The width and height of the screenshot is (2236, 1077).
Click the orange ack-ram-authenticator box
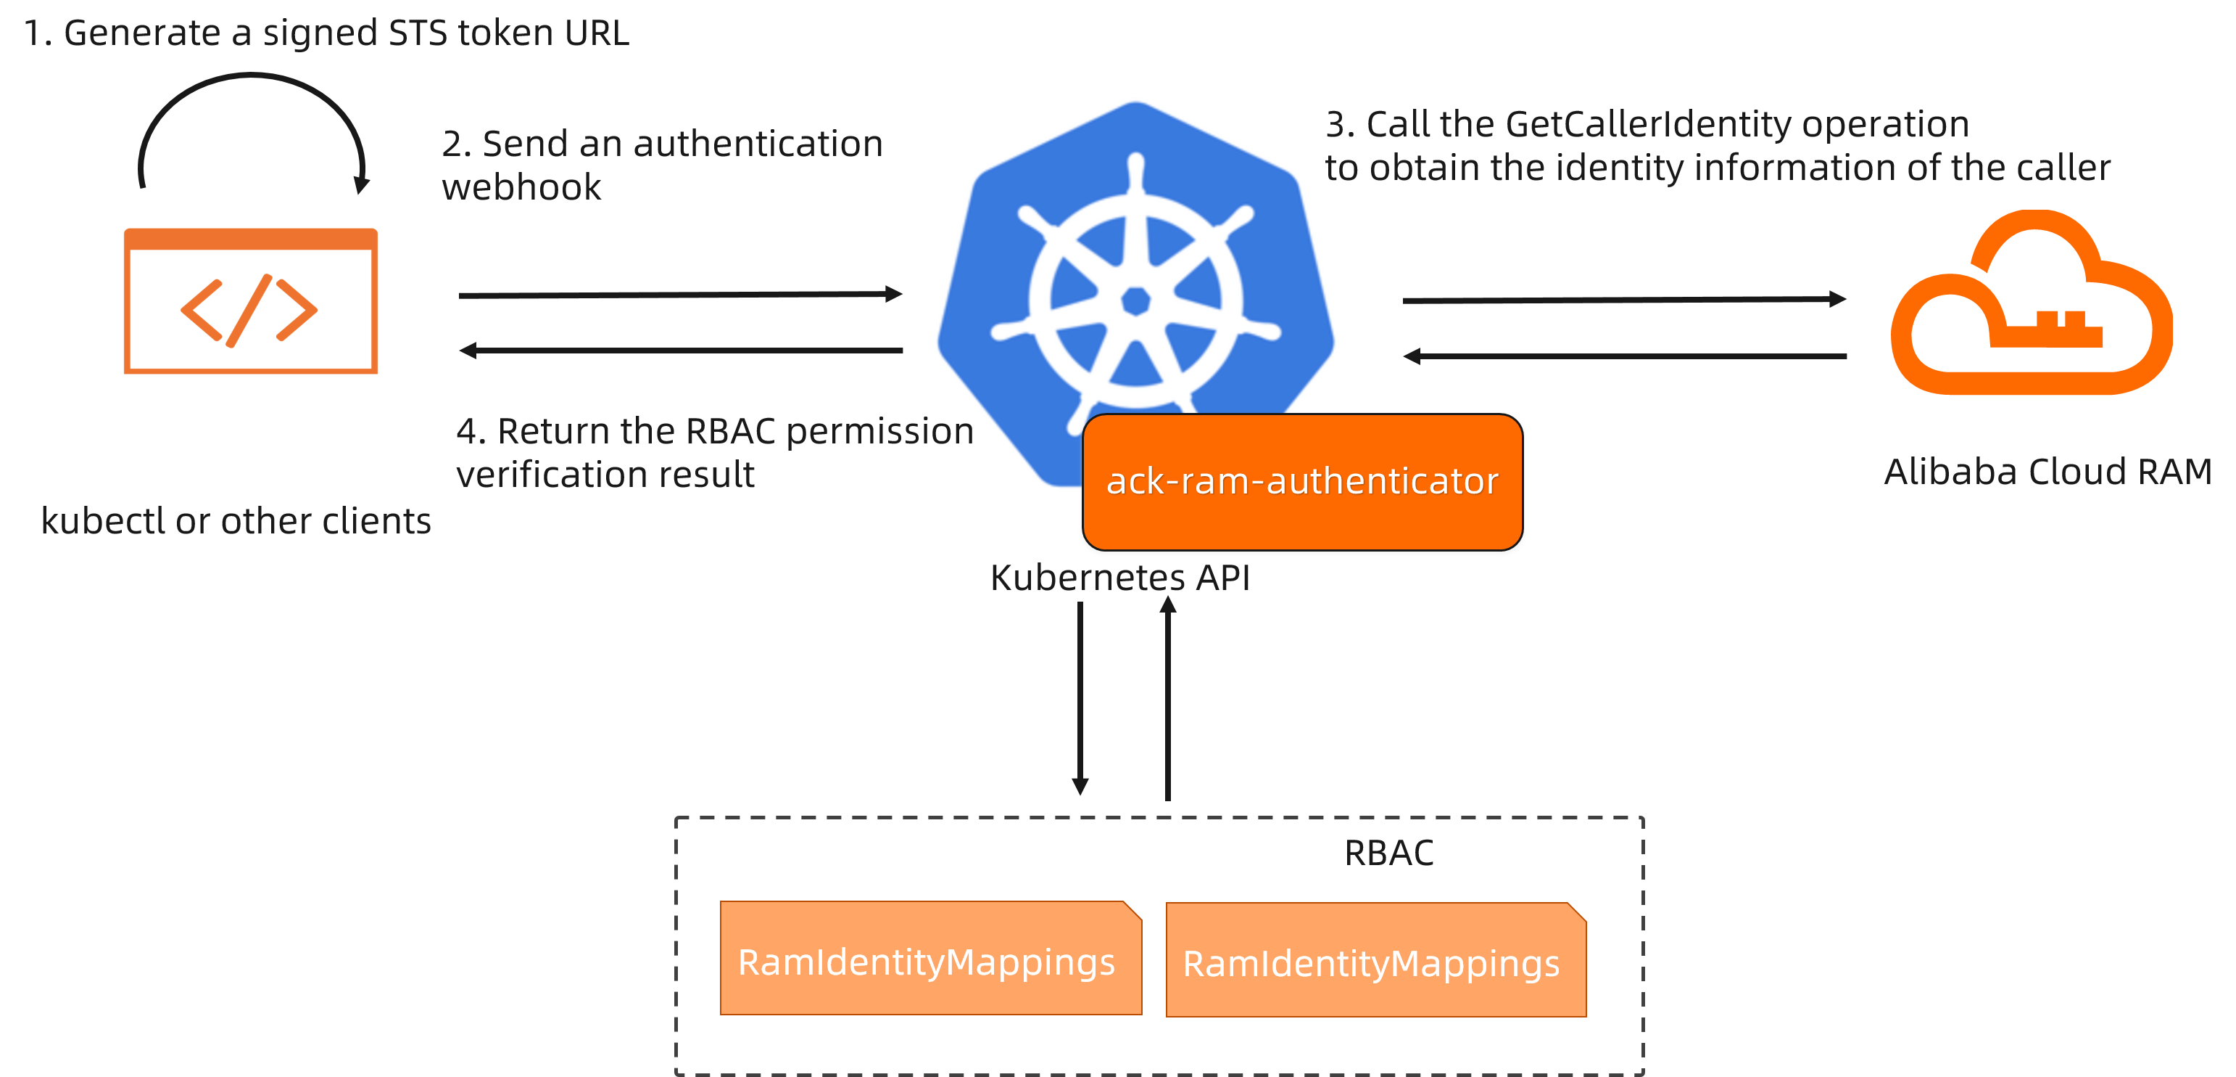click(1302, 482)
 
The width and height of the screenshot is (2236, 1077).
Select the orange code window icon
click(250, 300)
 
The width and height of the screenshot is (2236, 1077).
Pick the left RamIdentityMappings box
click(929, 958)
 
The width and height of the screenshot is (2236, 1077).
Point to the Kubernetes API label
click(1119, 578)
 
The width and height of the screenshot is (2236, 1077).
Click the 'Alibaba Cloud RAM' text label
click(2047, 472)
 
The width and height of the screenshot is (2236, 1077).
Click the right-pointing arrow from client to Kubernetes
click(681, 295)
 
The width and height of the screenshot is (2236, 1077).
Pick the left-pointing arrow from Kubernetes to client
click(681, 351)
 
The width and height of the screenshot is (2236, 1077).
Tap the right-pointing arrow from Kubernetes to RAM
click(1624, 300)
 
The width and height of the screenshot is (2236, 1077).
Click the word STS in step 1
click(418, 33)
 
